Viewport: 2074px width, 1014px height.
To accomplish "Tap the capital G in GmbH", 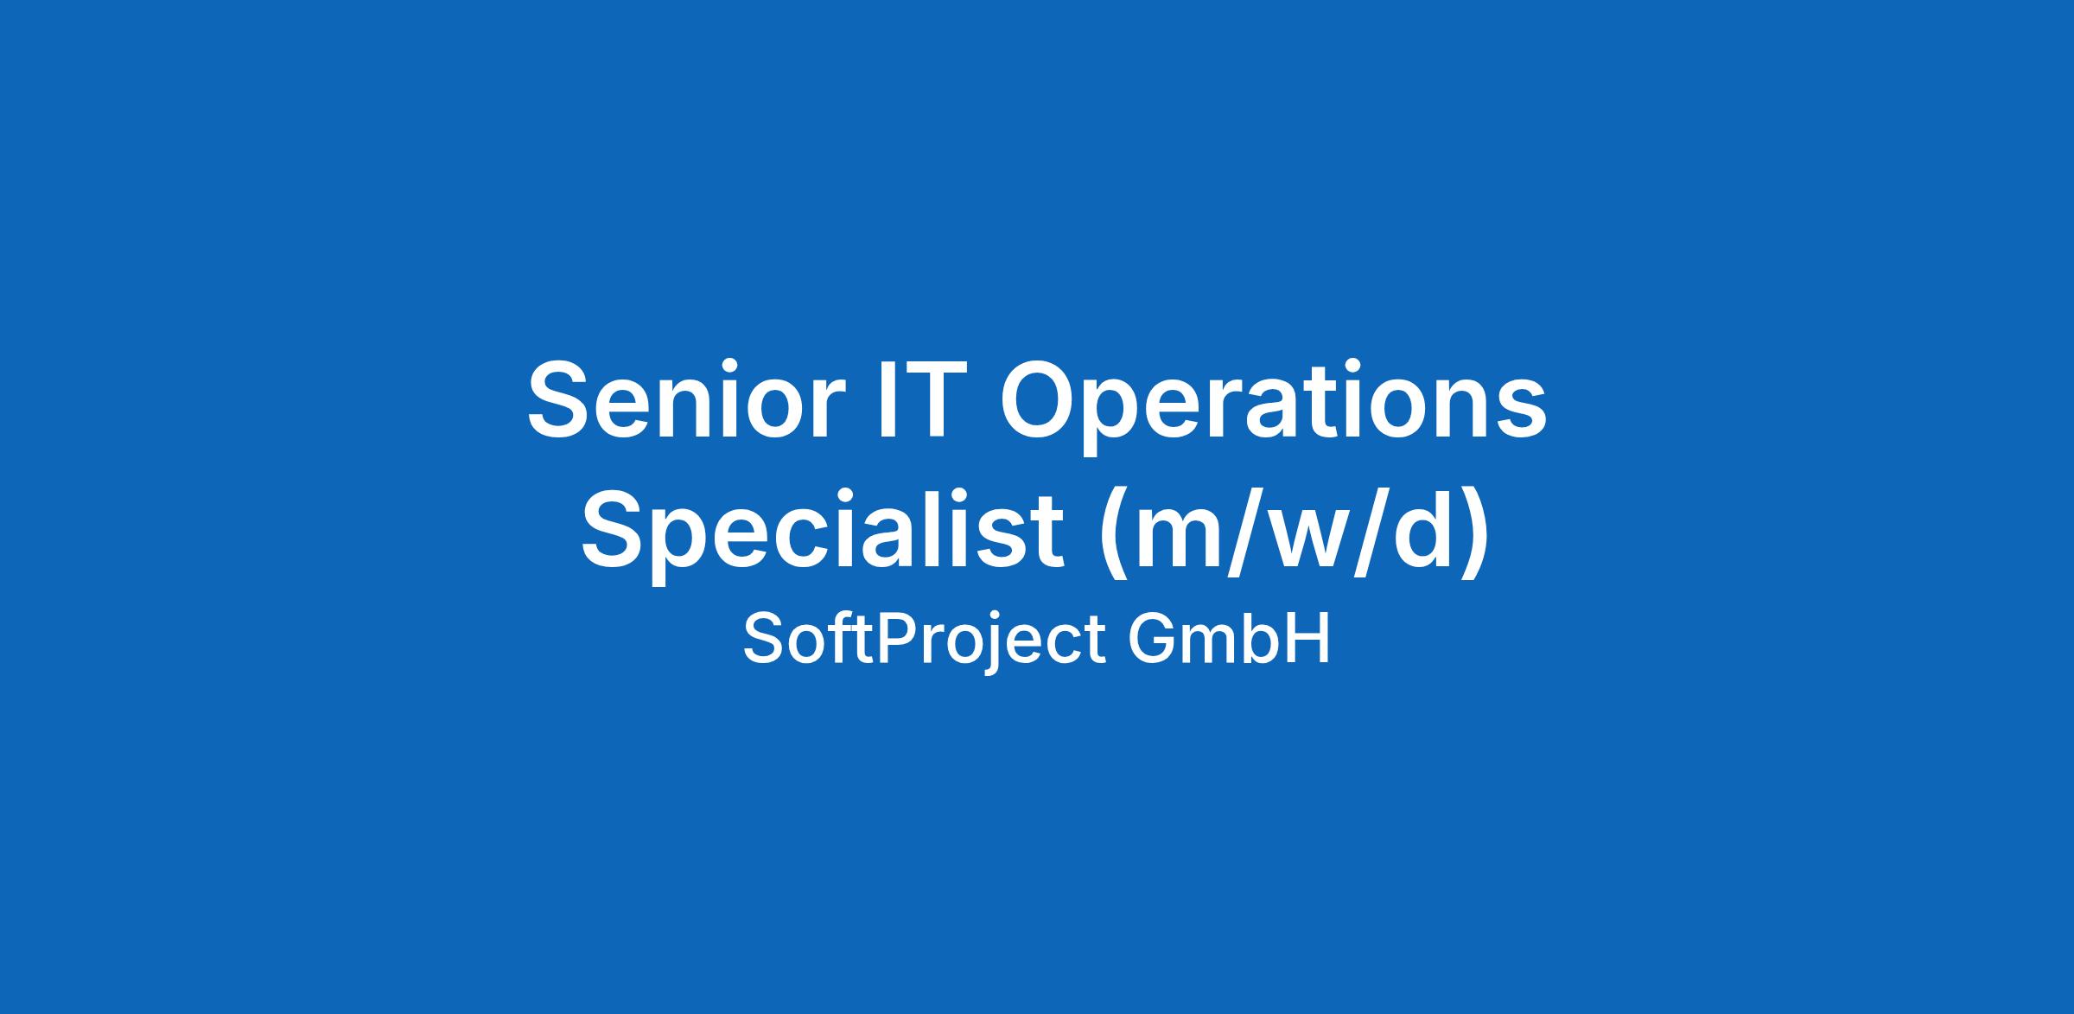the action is [x=1152, y=640].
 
